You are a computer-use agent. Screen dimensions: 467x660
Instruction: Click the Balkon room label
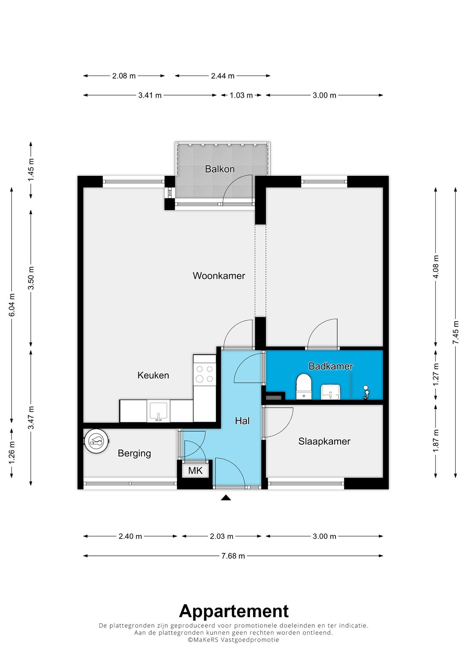[x=220, y=169]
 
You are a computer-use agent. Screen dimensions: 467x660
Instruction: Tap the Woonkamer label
[x=219, y=276]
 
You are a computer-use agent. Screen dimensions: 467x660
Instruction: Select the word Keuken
[x=153, y=375]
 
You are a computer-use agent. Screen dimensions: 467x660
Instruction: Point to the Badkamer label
[x=330, y=366]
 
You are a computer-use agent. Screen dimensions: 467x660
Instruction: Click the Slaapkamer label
[x=324, y=441]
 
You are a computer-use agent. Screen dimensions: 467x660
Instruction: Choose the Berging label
[x=134, y=453]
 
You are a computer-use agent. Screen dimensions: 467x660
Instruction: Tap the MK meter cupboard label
[x=195, y=471]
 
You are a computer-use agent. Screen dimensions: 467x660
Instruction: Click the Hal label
[x=242, y=421]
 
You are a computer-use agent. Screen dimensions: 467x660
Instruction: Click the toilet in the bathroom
[x=304, y=386]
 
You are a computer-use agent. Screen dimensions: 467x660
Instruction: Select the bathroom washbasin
[x=331, y=392]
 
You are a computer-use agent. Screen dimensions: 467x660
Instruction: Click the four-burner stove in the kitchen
[x=204, y=374]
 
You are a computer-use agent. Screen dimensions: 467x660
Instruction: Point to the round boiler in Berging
[x=97, y=441]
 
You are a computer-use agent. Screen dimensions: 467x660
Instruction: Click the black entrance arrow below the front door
[x=226, y=497]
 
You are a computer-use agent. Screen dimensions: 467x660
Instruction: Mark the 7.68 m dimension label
[x=233, y=556]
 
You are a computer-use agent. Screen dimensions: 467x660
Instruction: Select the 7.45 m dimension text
[x=456, y=332]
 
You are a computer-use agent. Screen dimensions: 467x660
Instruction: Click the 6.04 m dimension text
[x=12, y=305]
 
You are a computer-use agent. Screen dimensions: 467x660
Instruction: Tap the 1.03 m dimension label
[x=241, y=95]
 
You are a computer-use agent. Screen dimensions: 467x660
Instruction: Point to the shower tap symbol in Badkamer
[x=366, y=392]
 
